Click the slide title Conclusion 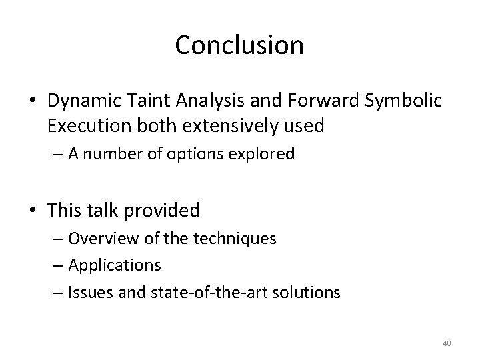tap(239, 45)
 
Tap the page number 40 tap(447, 343)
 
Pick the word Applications tap(114, 265)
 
